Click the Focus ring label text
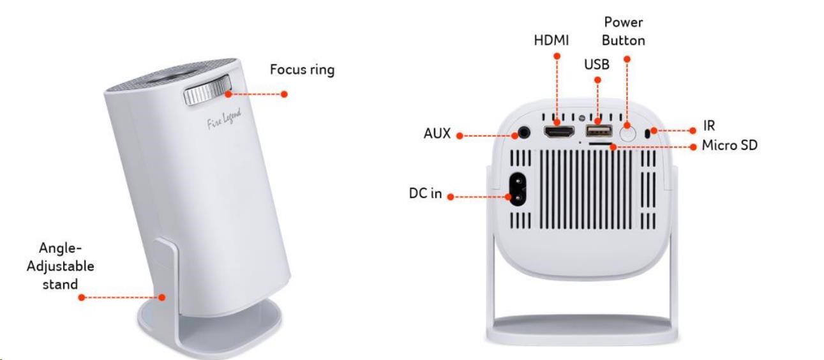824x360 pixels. pyautogui.click(x=302, y=70)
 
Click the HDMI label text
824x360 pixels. pyautogui.click(x=551, y=40)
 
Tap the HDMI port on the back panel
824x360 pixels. pyautogui.click(x=558, y=132)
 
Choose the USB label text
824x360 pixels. pyautogui.click(x=597, y=64)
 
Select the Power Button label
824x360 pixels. pyautogui.click(x=624, y=31)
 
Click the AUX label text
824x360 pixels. pyautogui.click(x=437, y=134)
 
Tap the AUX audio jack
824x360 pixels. pyautogui.click(x=524, y=133)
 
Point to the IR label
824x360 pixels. pyautogui.click(x=708, y=126)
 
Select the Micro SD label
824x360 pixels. pyautogui.click(x=729, y=146)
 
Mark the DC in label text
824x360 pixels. pyautogui.click(x=425, y=193)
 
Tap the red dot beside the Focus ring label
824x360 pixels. pyautogui.click(x=284, y=94)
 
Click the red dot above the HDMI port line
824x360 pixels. pyautogui.click(x=557, y=56)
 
